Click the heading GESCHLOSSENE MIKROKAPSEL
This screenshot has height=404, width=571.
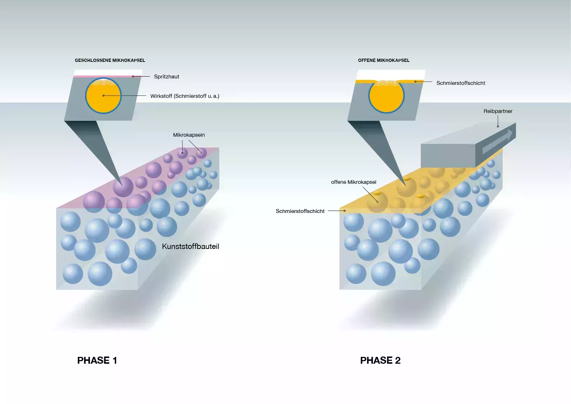click(110, 60)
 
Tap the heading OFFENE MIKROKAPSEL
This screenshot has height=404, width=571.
click(384, 60)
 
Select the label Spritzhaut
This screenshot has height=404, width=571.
click(166, 77)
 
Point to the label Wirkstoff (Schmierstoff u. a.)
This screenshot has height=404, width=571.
click(185, 96)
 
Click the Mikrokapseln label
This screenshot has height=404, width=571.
click(189, 135)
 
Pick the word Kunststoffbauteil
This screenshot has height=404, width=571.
click(190, 246)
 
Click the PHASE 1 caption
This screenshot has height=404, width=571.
click(97, 360)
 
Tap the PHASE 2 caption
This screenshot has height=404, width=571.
click(380, 360)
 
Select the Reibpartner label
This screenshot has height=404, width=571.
click(498, 111)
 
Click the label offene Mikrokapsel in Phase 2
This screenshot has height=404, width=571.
click(353, 182)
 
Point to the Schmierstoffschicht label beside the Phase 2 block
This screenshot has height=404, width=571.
click(300, 211)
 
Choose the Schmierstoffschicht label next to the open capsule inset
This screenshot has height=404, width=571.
click(461, 83)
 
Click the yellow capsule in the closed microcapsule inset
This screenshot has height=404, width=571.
click(103, 96)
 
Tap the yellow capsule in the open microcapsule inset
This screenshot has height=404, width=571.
click(387, 97)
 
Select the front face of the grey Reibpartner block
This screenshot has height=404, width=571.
click(448, 155)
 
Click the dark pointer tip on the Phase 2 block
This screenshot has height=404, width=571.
click(405, 185)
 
